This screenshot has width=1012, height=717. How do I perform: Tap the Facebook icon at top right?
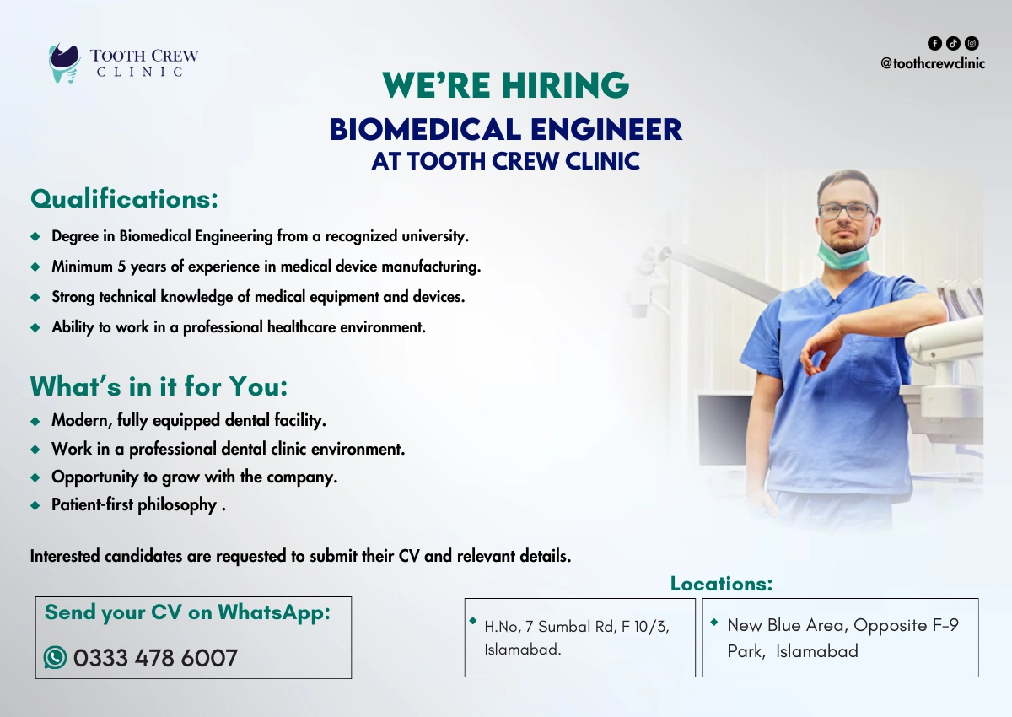[x=934, y=43]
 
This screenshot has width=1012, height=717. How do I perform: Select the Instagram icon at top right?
[x=972, y=43]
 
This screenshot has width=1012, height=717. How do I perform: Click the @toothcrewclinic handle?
[x=932, y=63]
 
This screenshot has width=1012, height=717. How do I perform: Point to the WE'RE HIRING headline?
[x=505, y=85]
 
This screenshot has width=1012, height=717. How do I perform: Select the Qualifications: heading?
[x=124, y=199]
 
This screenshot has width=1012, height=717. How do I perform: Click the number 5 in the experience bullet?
[x=121, y=267]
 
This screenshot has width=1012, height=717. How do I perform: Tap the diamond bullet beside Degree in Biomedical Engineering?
[x=35, y=236]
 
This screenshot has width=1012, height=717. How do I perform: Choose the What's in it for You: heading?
[x=159, y=386]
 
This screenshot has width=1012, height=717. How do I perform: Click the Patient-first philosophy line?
[x=134, y=505]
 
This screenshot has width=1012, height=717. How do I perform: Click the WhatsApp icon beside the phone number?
[x=56, y=657]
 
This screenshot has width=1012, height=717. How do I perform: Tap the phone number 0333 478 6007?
[x=155, y=658]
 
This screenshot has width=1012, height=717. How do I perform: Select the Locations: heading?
[x=721, y=584]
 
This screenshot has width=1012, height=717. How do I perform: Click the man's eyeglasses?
[x=845, y=211]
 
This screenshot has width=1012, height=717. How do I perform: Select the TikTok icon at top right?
[x=953, y=43]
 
